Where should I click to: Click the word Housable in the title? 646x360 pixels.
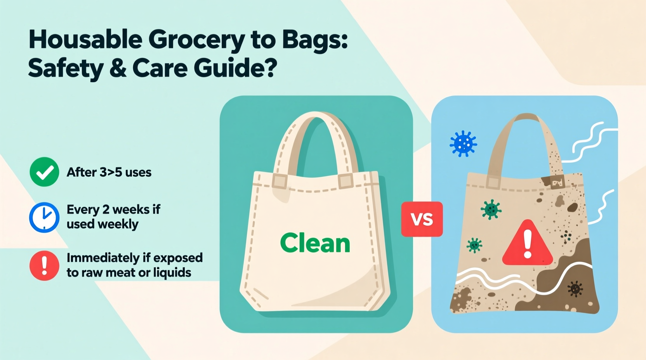[85, 40]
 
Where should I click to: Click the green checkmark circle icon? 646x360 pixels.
[44, 172]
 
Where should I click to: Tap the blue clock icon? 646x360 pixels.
[44, 217]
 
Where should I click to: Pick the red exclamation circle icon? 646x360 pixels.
[44, 266]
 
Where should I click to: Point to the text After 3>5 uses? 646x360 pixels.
[109, 172]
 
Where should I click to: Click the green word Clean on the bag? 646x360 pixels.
[315, 243]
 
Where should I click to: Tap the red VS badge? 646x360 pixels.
[422, 219]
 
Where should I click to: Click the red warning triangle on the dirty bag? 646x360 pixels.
[527, 244]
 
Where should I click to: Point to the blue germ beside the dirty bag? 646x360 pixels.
[463, 144]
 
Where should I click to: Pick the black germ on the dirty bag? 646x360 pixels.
[575, 289]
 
